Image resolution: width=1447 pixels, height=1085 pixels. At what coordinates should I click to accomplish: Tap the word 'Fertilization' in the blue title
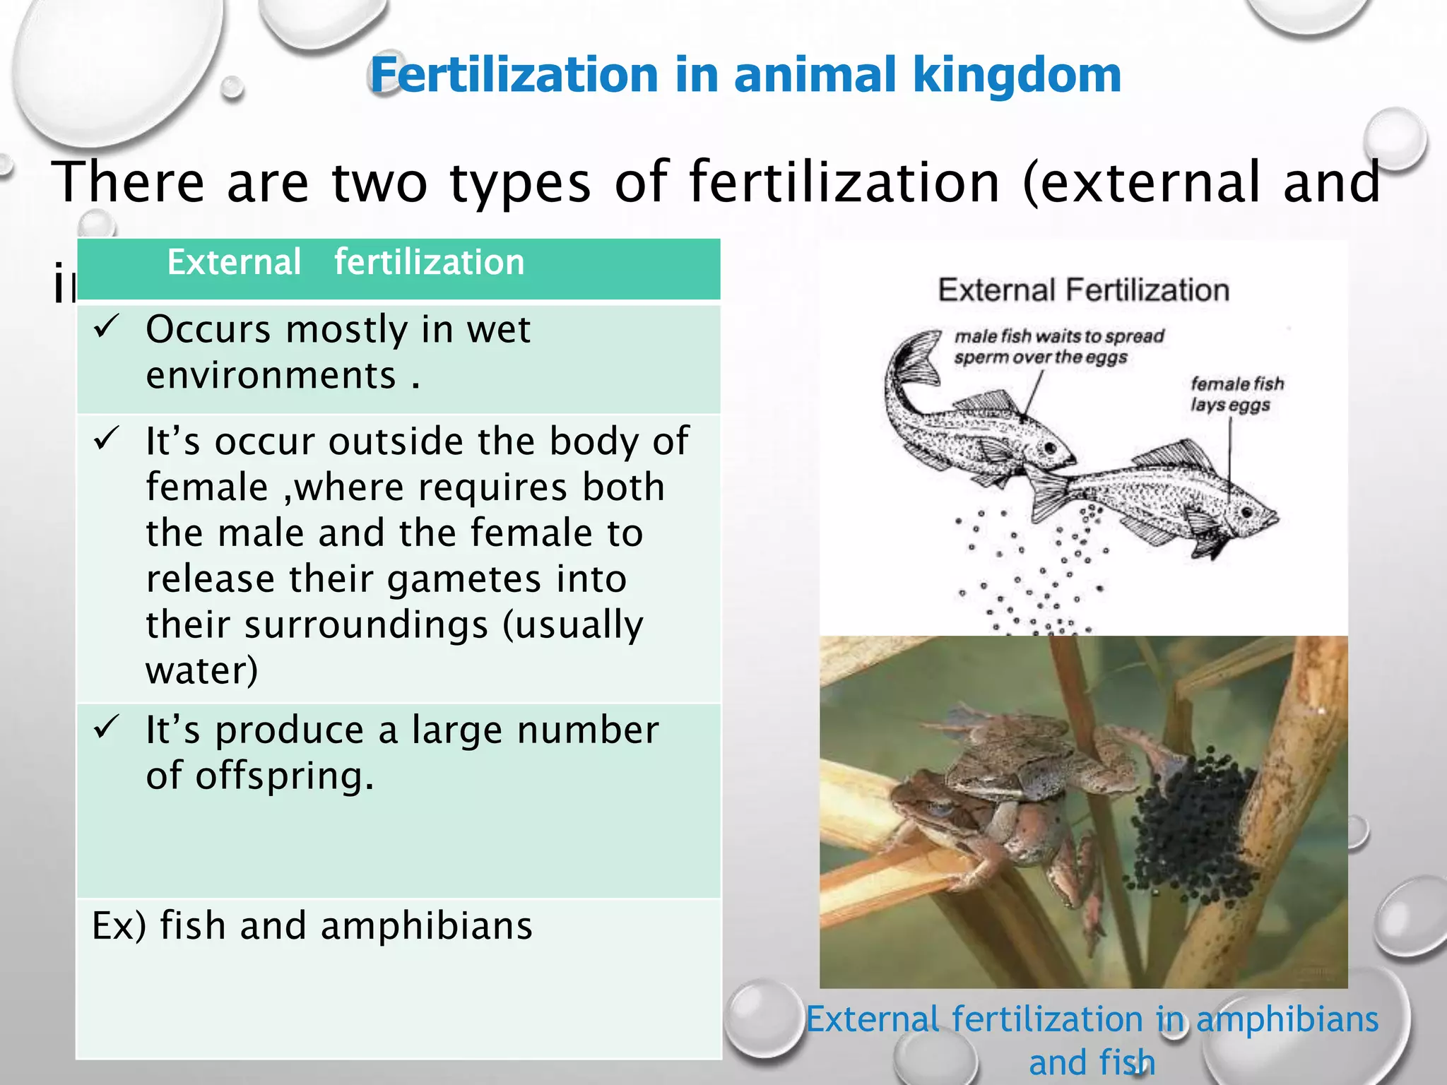pyautogui.click(x=515, y=76)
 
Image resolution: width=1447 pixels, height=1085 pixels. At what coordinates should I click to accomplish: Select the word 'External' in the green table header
pyautogui.click(x=234, y=263)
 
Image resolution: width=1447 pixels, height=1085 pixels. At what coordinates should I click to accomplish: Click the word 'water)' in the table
pyautogui.click(x=202, y=670)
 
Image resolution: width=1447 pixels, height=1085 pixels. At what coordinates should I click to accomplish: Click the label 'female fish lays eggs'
pyautogui.click(x=1236, y=394)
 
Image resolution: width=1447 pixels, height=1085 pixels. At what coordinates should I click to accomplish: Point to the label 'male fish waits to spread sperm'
pyautogui.click(x=1058, y=346)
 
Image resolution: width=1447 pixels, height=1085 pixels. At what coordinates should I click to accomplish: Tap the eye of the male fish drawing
pyautogui.click(x=1051, y=448)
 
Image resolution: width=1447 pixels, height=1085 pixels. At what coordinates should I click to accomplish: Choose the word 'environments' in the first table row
pyautogui.click(x=271, y=375)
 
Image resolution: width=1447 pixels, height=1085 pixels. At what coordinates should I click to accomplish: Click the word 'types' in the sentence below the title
pyautogui.click(x=520, y=183)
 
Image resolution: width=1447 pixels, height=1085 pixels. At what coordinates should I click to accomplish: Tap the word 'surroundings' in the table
pyautogui.click(x=366, y=625)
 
